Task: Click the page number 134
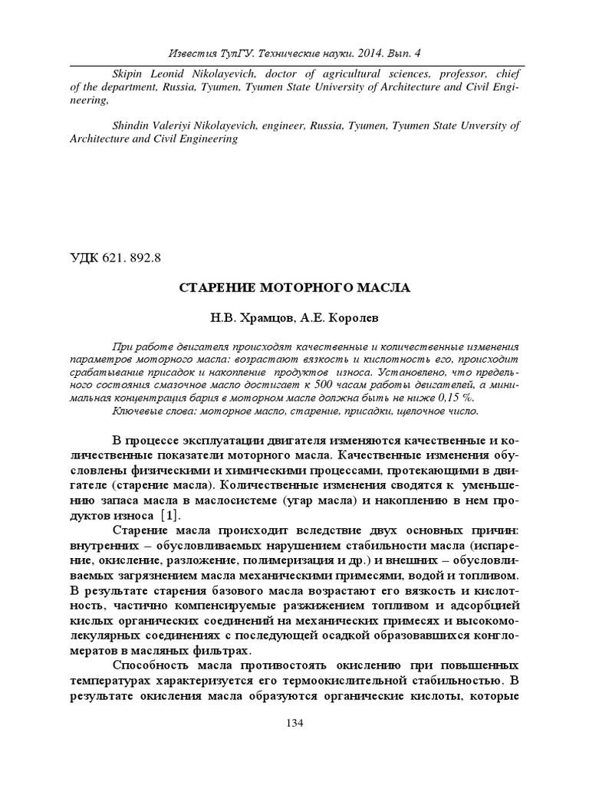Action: [x=294, y=723]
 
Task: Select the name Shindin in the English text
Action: [x=133, y=126]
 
